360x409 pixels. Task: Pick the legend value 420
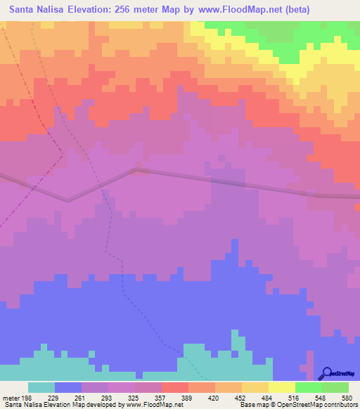click(x=214, y=397)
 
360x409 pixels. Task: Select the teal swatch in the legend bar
click(x=41, y=387)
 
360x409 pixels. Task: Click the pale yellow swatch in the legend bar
click(x=281, y=387)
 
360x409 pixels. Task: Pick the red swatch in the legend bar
click(x=174, y=387)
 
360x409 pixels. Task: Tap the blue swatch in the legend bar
click(x=67, y=387)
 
